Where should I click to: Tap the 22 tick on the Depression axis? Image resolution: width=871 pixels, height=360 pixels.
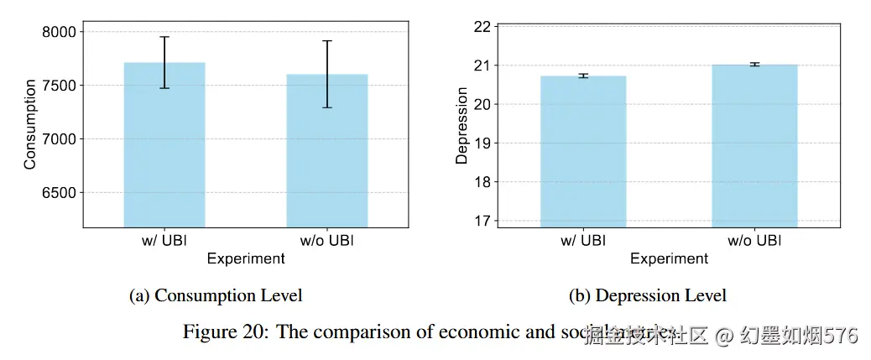click(481, 26)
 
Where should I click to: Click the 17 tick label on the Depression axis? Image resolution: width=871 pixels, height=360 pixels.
click(481, 221)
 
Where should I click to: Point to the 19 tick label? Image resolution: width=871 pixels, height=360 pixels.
click(481, 143)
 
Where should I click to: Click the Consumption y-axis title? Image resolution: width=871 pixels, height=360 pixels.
click(30, 124)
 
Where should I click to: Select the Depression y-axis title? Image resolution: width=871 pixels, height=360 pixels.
click(462, 124)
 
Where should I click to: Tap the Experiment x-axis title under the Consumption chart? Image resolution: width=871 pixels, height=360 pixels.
click(246, 258)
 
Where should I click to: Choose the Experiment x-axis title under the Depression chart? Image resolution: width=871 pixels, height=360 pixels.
click(669, 258)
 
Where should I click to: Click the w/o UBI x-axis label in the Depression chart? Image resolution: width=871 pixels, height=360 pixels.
click(754, 241)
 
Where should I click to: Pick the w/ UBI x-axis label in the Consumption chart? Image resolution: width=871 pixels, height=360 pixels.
click(164, 241)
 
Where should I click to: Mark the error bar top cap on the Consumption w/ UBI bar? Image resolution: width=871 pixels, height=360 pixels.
click(164, 37)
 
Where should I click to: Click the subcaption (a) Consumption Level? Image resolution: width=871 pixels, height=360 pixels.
click(216, 295)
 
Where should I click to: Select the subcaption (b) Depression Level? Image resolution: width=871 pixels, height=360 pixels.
click(648, 295)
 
